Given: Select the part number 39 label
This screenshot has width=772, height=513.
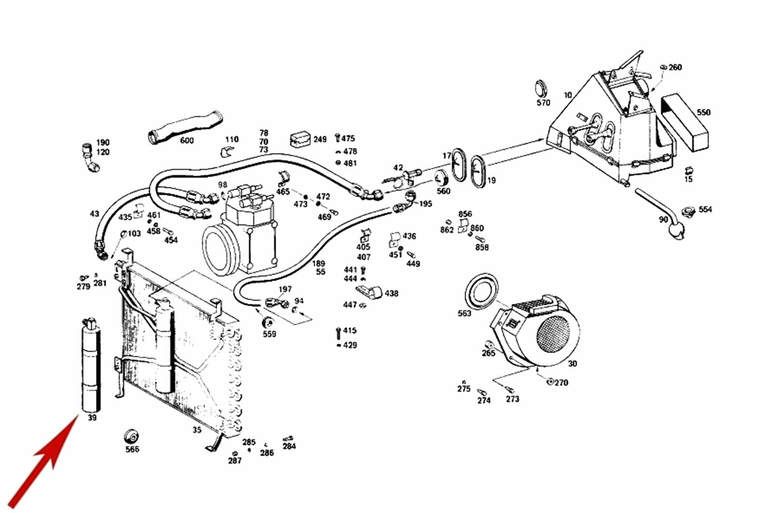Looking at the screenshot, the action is point(92,418).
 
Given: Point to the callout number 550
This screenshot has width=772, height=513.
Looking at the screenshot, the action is point(703,112).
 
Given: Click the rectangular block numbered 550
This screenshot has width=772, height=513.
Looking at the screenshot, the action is point(685,122).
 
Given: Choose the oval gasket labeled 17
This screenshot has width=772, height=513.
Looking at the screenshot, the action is point(459,164).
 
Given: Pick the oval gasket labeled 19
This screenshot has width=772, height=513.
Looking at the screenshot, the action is point(478,172).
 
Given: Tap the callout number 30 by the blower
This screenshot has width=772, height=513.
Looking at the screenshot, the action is point(572,364).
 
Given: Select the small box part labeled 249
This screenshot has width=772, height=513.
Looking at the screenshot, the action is point(300,139).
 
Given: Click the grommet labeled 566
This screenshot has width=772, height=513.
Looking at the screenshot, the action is point(131,436).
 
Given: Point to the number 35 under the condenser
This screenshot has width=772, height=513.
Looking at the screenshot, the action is point(197,430).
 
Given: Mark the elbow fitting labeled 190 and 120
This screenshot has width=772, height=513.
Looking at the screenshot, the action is point(90,158).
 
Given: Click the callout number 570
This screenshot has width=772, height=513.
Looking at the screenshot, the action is point(543,103).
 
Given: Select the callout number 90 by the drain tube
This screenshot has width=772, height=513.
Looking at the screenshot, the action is point(663,219).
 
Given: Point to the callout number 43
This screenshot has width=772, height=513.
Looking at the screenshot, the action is point(95,214).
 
